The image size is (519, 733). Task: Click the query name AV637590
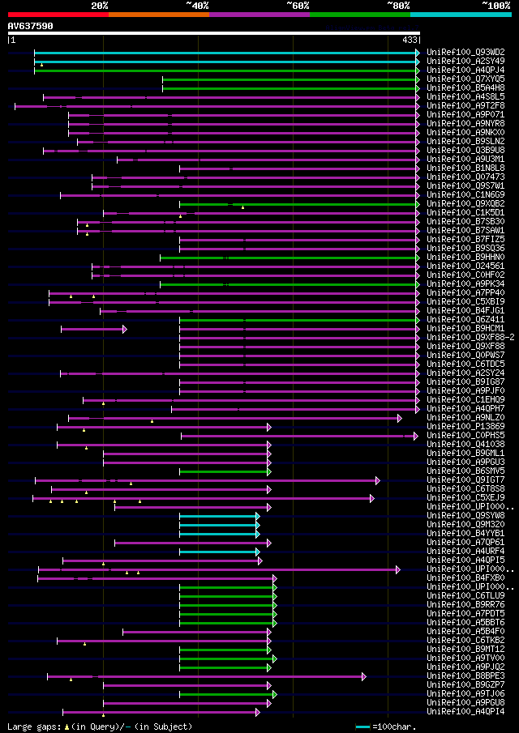30,26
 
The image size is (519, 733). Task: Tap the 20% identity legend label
100,5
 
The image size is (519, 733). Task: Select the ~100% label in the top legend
495,5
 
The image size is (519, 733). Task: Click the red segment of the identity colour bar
58,14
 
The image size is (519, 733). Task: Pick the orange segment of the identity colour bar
158,14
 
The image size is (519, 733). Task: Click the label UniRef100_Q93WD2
465,52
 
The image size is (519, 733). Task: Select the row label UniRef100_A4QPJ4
465,70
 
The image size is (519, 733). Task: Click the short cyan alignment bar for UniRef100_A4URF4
219,552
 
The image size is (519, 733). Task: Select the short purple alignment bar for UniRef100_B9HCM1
93,329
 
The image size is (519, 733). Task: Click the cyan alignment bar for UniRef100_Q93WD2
226,52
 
